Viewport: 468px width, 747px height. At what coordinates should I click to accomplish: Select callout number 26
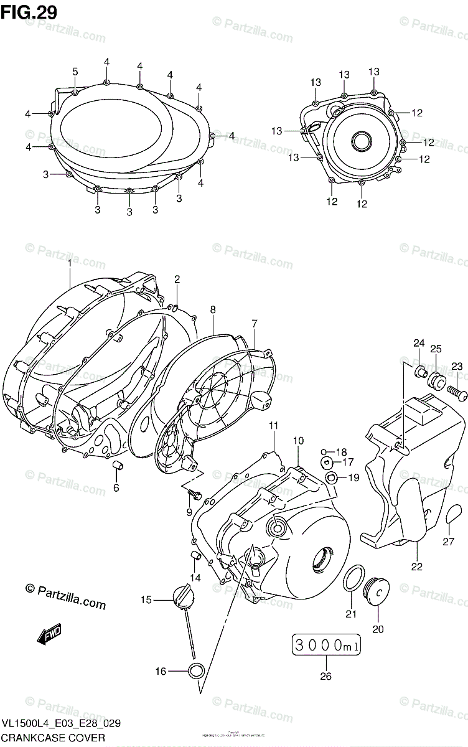pos(325,677)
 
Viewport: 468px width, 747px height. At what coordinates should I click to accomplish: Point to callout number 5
pos(75,72)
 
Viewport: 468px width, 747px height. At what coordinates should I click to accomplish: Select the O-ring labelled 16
pos(197,671)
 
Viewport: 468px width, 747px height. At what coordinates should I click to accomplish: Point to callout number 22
pos(416,566)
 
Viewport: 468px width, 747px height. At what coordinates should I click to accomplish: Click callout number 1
pos(70,263)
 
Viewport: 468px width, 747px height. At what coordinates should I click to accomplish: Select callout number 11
pos(273,425)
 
